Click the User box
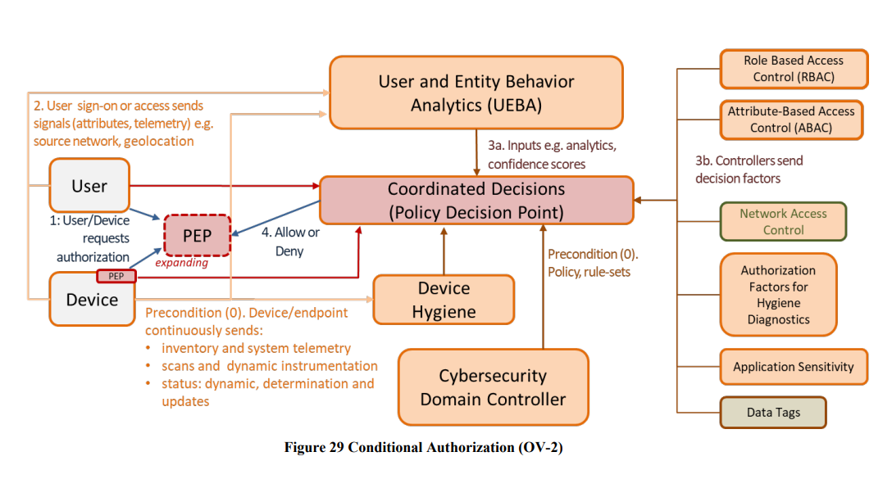click(89, 186)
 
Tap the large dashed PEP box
click(198, 236)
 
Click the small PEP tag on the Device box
click(116, 276)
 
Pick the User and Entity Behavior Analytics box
click(476, 93)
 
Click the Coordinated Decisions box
click(476, 201)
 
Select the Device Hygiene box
click(444, 300)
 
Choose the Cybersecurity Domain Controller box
click(493, 388)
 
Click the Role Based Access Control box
click(793, 69)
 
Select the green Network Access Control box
click(783, 221)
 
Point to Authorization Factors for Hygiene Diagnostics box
click(778, 295)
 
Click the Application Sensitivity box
click(793, 367)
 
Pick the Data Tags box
click(773, 412)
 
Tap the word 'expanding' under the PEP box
click(181, 263)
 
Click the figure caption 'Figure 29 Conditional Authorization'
click(423, 447)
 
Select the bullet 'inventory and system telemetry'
click(256, 348)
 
